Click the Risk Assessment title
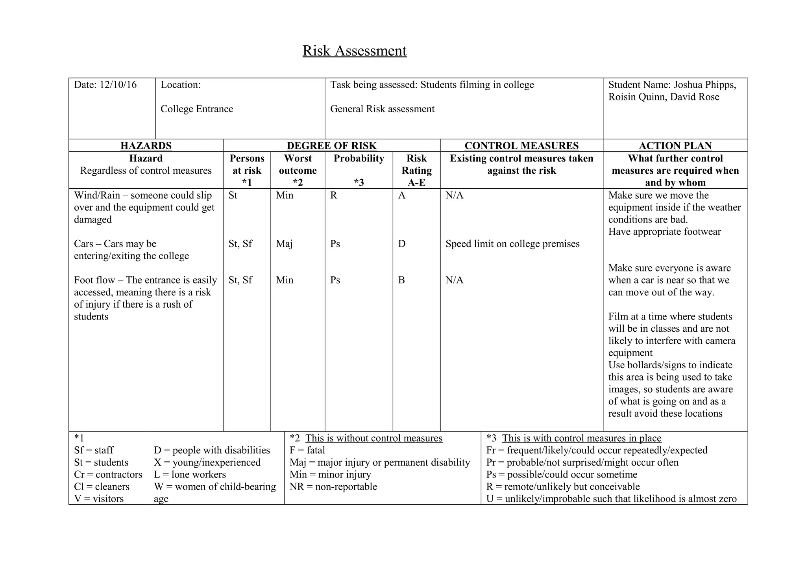coord(354,51)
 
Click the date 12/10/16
coord(118,85)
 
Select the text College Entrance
coord(196,109)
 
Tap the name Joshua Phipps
coord(704,85)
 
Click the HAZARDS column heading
coord(146,146)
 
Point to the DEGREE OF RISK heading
coord(331,146)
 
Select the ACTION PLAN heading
coord(675,146)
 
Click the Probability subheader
coord(359,158)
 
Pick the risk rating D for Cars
coord(401,244)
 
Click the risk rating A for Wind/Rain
coord(401,195)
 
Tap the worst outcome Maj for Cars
coord(284,244)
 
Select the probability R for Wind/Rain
coord(333,195)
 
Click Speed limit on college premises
coord(512,244)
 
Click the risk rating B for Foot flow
coord(401,280)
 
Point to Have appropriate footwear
coord(664,232)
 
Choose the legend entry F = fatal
coord(307,450)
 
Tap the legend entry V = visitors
coord(98,499)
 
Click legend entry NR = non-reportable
coord(333,486)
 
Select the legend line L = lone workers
coord(190,474)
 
